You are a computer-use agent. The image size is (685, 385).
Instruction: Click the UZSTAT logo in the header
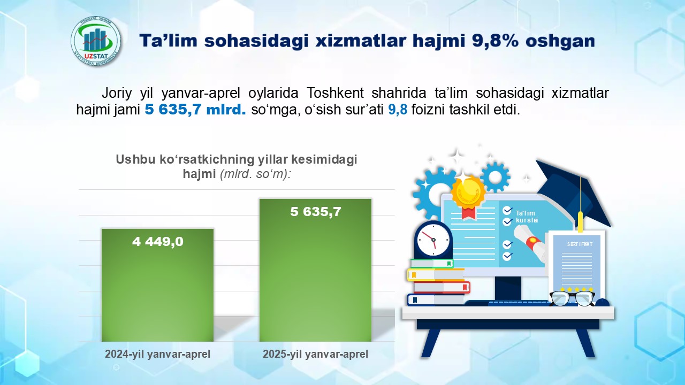(96, 42)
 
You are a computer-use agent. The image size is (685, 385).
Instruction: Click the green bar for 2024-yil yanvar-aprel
(157, 285)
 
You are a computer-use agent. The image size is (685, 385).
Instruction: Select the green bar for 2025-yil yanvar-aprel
(315, 270)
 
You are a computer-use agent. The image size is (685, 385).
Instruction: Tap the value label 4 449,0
(158, 242)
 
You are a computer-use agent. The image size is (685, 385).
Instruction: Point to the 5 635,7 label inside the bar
(316, 212)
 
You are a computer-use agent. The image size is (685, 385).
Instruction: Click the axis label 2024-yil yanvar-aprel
(157, 354)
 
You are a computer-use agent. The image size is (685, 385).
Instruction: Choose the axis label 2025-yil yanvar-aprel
(315, 354)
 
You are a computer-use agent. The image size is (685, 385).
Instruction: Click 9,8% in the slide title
(495, 41)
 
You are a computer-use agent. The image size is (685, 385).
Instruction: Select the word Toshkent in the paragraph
(335, 93)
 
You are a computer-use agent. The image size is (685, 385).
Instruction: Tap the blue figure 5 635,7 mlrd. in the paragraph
(195, 110)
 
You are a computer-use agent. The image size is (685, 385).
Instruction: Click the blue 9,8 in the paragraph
(398, 110)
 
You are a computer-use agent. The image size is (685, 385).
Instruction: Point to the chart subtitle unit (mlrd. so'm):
(255, 174)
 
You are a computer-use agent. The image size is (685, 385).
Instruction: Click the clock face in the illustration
(433, 239)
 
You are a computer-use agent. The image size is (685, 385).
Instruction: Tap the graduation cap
(572, 192)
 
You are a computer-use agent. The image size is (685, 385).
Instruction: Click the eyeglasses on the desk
(572, 298)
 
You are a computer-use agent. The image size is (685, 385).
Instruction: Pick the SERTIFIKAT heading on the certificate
(580, 244)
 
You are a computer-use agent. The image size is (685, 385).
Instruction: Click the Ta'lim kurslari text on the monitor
(527, 217)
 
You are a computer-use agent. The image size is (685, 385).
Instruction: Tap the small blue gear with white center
(495, 177)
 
